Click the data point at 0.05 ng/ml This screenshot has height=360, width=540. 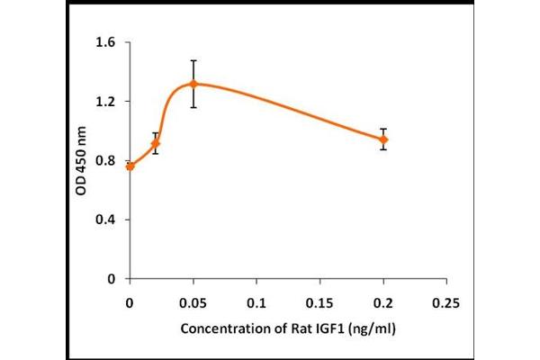point(193,84)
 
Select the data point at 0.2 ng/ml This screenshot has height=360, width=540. point(383,139)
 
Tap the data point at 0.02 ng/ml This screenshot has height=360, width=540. point(156,143)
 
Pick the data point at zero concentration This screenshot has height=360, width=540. point(130,166)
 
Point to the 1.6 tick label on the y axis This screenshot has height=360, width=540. point(107,42)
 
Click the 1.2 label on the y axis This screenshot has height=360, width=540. point(107,102)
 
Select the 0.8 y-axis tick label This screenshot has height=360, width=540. point(107,161)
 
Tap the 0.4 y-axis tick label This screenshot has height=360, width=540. point(107,220)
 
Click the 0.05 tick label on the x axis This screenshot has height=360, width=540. point(193,298)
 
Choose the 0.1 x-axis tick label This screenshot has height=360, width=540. point(257,298)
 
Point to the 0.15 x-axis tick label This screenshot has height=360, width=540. point(320,298)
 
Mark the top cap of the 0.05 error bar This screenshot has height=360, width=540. point(193,60)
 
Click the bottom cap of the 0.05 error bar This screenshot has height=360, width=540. point(193,107)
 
